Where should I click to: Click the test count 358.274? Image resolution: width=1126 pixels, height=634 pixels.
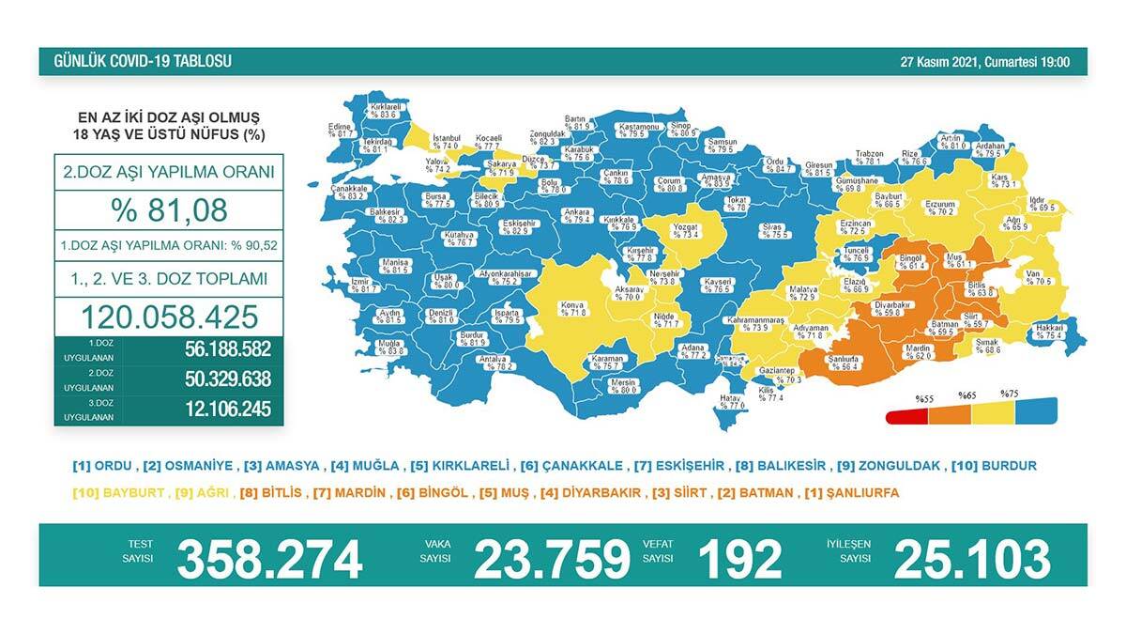click(269, 559)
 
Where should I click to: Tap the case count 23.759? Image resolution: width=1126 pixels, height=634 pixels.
click(551, 559)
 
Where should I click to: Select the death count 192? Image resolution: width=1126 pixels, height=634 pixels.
click(739, 559)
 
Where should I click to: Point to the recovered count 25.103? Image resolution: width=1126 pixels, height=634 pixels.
click(972, 559)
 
